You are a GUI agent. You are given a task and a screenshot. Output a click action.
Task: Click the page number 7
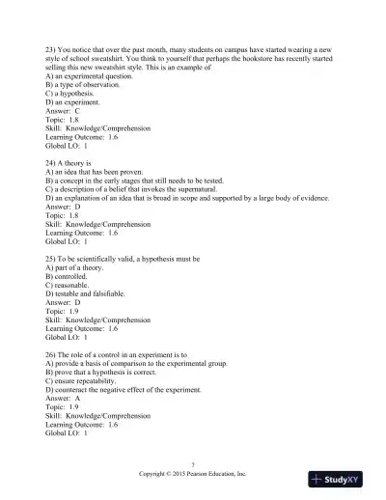(193, 465)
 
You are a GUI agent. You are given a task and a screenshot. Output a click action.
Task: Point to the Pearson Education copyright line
(193, 474)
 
